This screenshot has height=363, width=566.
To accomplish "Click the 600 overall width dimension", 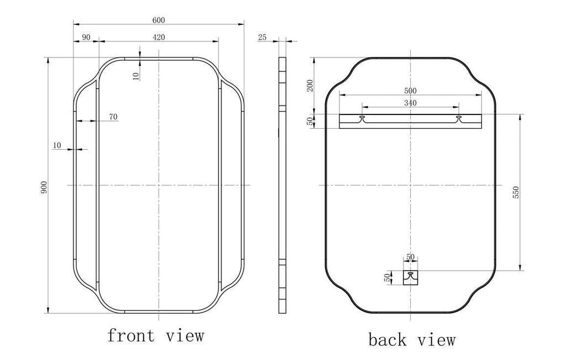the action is [x=159, y=20].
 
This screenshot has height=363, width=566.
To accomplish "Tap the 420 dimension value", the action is [x=159, y=37].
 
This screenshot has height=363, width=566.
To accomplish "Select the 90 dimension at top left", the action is [x=86, y=37].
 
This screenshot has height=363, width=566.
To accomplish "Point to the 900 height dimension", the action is [x=44, y=187].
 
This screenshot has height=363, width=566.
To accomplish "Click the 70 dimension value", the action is [x=113, y=117].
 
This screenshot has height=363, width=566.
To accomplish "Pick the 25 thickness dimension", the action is [x=263, y=37].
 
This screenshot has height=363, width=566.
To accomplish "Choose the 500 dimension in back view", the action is [x=410, y=91].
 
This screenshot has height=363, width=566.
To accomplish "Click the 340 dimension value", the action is [x=410, y=103].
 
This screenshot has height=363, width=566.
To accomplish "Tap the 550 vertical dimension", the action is [x=516, y=192].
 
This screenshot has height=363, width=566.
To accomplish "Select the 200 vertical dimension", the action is [x=310, y=86].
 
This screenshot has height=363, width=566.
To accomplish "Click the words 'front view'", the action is [x=155, y=335].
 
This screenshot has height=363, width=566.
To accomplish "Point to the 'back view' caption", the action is [x=412, y=340].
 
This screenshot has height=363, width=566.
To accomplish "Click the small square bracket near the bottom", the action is [x=411, y=277].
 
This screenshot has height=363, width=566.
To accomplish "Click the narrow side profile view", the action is [x=282, y=185].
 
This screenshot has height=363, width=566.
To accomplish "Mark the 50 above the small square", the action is [x=411, y=257].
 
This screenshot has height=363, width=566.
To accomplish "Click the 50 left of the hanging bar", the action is [x=310, y=121].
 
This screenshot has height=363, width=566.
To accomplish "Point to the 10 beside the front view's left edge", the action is [x=57, y=145].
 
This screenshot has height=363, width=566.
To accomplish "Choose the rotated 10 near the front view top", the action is [x=136, y=76].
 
